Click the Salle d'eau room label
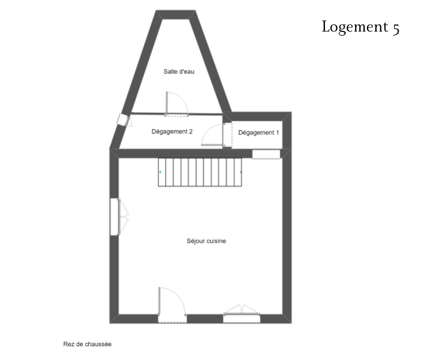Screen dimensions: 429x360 tap(179, 72)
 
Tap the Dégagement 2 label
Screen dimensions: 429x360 tap(172, 132)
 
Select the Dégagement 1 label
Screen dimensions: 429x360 tap(259, 132)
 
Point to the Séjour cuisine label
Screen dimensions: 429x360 tap(206, 241)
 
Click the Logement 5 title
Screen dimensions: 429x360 tap(361, 27)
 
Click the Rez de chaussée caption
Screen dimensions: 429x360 tap(87, 344)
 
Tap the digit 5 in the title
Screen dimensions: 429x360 tap(396, 29)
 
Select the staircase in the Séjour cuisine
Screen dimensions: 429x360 tap(200, 172)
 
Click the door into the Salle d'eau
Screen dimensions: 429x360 tap(177, 104)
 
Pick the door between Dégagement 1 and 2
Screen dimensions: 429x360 tap(217, 135)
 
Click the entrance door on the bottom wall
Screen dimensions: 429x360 tap(173, 305)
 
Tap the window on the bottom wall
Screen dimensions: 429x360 tap(241, 314)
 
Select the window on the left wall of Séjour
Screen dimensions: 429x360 tap(119, 217)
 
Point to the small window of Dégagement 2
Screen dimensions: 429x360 tap(124, 120)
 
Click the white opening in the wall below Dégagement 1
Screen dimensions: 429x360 tap(266, 154)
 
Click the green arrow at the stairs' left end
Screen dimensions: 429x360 tap(160, 172)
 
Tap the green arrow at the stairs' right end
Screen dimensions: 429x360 tap(241, 172)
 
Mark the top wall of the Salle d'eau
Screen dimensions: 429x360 tap(176, 15)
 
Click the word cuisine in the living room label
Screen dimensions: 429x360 tap(216, 241)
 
